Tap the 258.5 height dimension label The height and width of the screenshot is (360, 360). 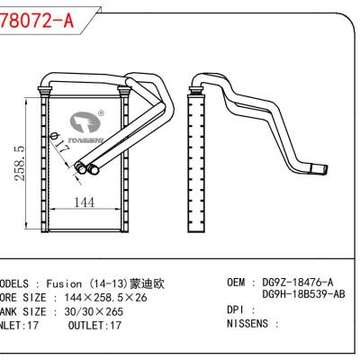point(20,162)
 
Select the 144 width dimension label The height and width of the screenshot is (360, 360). point(83,203)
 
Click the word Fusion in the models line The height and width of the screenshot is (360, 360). point(67,283)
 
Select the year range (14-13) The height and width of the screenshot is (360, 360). point(109,283)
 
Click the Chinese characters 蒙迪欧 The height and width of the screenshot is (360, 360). point(148,283)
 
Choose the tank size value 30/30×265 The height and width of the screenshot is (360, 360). point(98,312)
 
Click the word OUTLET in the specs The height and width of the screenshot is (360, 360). point(86,327)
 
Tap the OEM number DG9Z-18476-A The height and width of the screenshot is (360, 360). point(297,283)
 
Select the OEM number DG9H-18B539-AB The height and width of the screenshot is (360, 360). point(304,293)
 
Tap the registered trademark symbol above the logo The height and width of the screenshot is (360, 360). point(101,114)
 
